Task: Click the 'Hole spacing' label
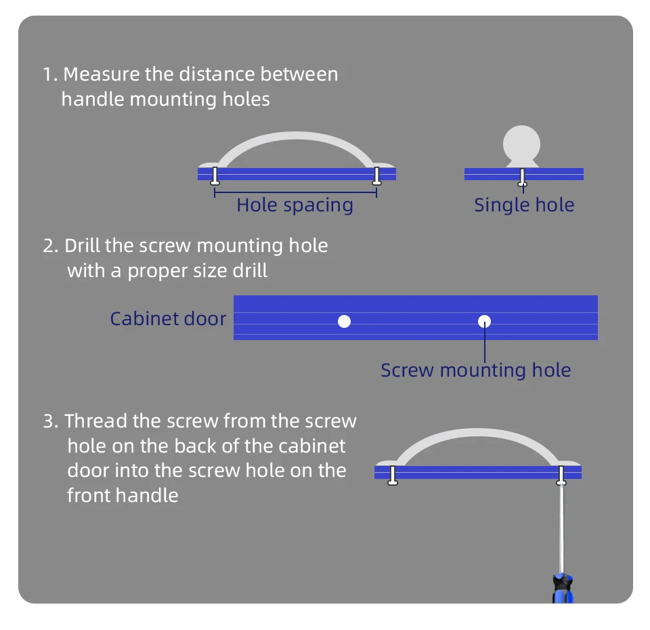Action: click(295, 205)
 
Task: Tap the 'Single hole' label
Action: click(523, 205)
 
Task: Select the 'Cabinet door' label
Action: click(168, 318)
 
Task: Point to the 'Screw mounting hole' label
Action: click(475, 370)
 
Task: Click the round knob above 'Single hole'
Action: click(522, 144)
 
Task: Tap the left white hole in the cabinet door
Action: click(344, 321)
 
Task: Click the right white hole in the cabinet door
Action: click(484, 321)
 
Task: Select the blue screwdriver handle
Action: click(563, 588)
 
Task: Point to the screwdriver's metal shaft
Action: click(561, 528)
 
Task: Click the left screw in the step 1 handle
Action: click(215, 176)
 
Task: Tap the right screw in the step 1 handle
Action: click(376, 176)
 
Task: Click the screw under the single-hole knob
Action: click(522, 177)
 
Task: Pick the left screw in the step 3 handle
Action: click(392, 475)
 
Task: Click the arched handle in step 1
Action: click(295, 138)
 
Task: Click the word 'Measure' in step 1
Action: click(102, 74)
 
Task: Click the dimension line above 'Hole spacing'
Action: click(295, 193)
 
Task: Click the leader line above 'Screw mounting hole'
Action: click(485, 345)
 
